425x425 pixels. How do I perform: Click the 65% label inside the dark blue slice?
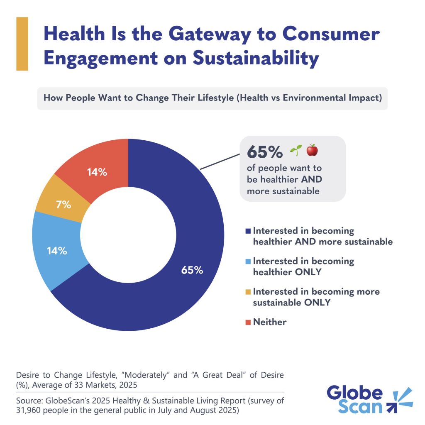pos(192,270)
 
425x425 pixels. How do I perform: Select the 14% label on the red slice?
pos(97,172)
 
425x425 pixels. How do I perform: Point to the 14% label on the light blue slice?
pos(57,251)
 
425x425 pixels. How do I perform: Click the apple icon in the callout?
pos(312,151)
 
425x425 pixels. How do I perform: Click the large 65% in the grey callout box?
pos(264,152)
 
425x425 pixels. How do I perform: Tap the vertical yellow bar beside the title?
pos(22,44)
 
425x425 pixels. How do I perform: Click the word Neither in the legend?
pos(270,322)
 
